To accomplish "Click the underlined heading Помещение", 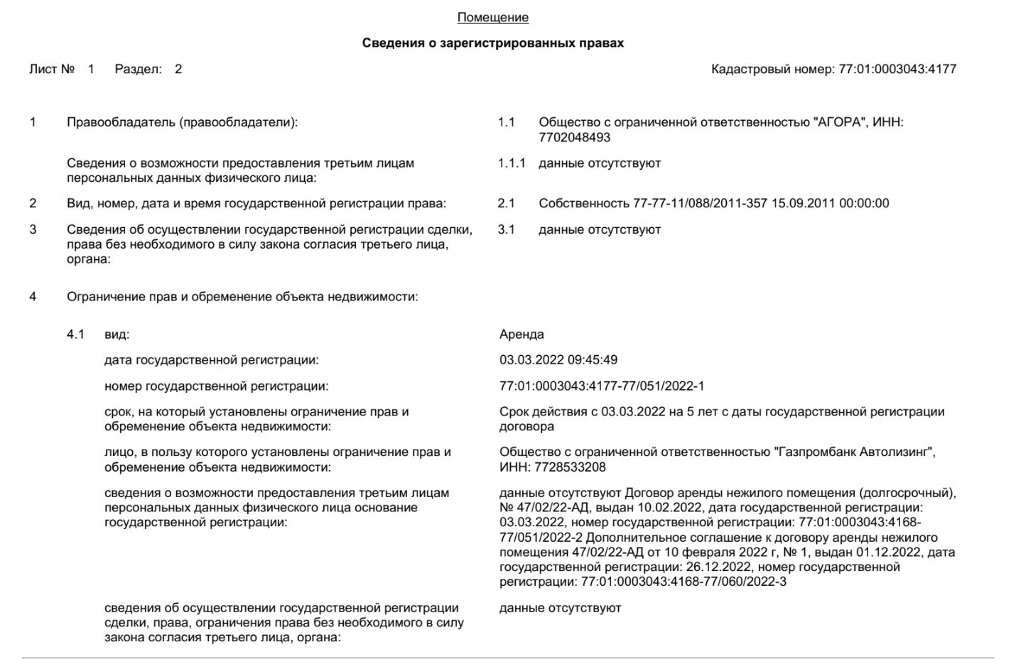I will (492, 18).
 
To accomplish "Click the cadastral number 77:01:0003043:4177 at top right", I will (897, 70).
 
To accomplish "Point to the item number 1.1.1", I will (512, 163).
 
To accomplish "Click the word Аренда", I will (521, 334).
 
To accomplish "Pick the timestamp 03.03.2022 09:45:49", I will (558, 360).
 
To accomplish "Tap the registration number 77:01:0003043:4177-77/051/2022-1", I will (601, 386).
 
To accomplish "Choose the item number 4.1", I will (75, 334).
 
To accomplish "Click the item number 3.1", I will (506, 230).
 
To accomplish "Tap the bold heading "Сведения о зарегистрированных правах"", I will (492, 43).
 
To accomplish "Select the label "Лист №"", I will (52, 70).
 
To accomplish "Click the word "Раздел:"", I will (139, 70).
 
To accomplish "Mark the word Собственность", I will (584, 204).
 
